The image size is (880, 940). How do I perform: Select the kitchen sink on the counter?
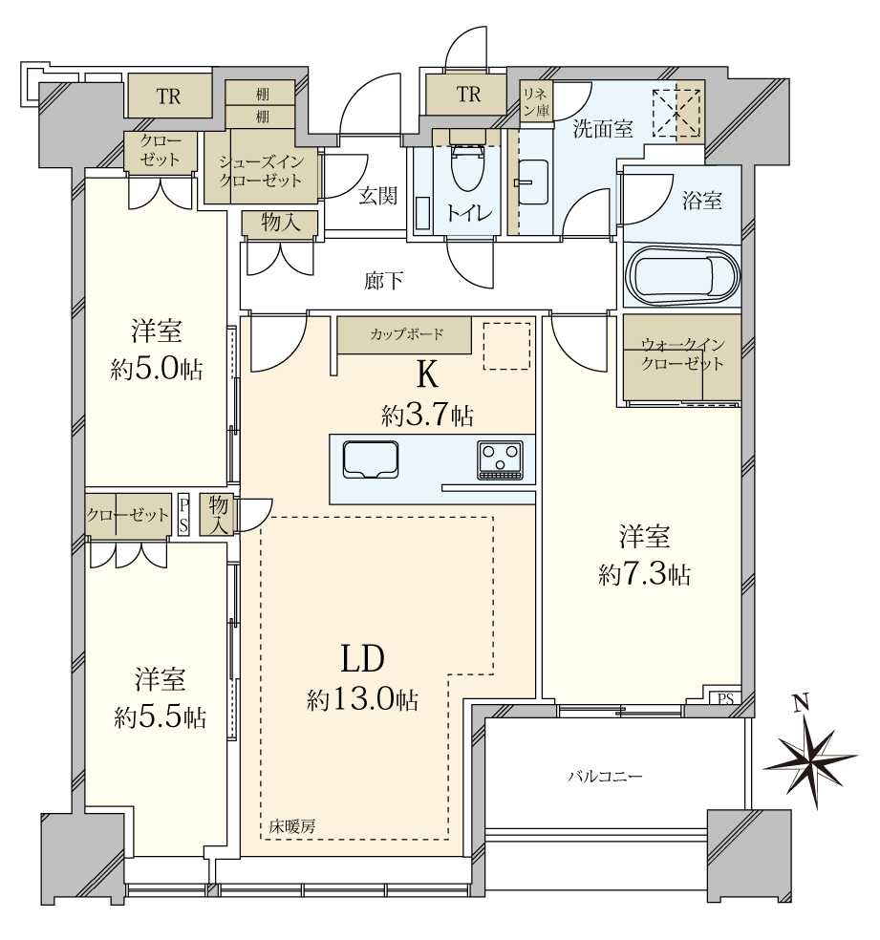pos(371,459)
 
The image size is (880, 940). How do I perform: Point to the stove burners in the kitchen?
pos(500,460)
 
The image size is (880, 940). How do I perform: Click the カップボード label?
pos(406,334)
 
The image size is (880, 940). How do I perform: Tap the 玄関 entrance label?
pos(377,196)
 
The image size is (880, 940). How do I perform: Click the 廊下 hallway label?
pos(384,281)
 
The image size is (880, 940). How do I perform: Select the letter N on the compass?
pos(801,702)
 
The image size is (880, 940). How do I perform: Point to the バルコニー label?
pos(605,777)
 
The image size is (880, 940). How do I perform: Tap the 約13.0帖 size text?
pos(363,699)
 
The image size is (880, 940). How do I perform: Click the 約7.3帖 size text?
pos(644,575)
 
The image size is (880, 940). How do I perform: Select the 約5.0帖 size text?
pos(157,370)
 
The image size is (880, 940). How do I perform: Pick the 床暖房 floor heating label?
pos(292,826)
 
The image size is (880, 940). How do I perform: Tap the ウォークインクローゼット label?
pos(682,354)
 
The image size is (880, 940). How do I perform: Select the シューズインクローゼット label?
pos(260,171)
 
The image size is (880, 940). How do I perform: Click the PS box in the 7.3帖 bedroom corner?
pos(726,698)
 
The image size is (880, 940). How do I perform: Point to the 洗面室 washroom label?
pos(603,129)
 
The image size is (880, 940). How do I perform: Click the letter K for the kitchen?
pos(426,375)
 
